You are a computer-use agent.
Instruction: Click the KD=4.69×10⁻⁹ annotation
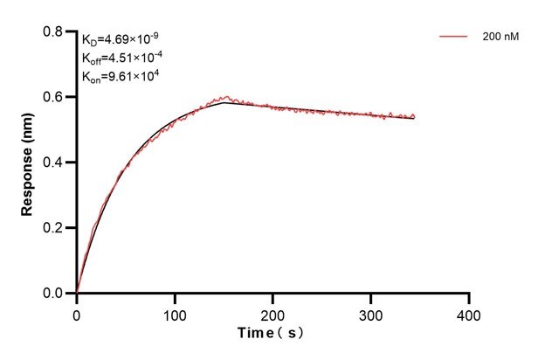[121, 39]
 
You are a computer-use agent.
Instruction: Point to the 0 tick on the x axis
[77, 312]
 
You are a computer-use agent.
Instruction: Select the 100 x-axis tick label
[175, 312]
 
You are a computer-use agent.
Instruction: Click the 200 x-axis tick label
[273, 312]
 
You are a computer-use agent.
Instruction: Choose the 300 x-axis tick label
[371, 312]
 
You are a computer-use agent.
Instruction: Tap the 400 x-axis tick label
[469, 312]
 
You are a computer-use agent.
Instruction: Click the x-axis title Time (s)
[272, 334]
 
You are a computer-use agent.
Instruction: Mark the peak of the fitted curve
[224, 102]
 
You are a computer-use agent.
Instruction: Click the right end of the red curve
[414, 117]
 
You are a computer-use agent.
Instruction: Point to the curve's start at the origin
[77, 293]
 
